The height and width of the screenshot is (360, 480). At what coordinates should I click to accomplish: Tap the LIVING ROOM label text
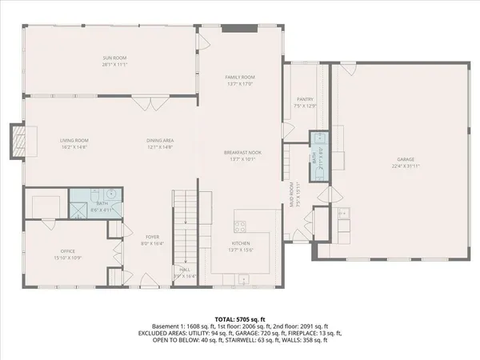tap(74, 141)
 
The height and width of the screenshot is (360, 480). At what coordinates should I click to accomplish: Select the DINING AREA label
tap(160, 141)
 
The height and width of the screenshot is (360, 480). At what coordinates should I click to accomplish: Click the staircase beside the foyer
tap(184, 228)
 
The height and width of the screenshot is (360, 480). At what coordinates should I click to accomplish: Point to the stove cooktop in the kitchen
tap(241, 225)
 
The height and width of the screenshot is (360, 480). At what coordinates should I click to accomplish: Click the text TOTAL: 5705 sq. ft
tap(240, 318)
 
